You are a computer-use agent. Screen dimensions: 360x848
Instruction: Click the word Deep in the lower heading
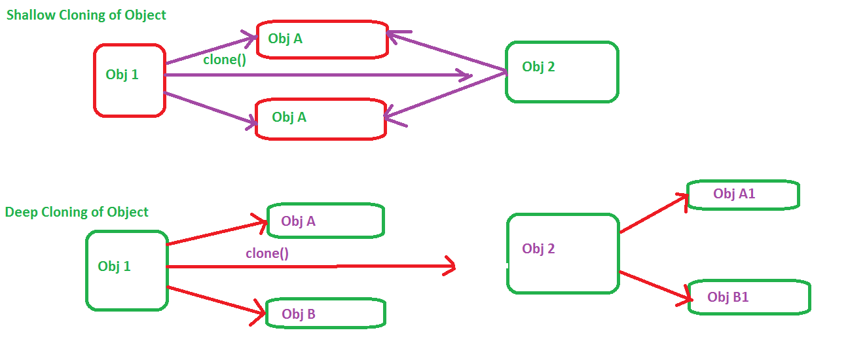[x=20, y=212]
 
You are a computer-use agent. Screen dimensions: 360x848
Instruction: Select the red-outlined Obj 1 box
[x=129, y=81]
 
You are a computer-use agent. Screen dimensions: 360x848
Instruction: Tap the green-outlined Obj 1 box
[x=126, y=270]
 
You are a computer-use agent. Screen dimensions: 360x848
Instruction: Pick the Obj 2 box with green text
[x=561, y=72]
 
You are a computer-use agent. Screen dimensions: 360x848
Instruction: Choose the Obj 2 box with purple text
[x=562, y=253]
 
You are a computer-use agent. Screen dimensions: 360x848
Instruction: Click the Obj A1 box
[x=743, y=194]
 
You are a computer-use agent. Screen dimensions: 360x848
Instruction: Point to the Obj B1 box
[x=749, y=297]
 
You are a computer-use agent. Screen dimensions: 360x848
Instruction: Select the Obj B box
[x=325, y=314]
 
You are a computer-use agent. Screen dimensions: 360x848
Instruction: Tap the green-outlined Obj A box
[x=325, y=221]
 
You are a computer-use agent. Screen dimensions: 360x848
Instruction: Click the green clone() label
[x=224, y=60]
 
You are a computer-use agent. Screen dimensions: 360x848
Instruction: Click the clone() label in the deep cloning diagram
[x=267, y=253]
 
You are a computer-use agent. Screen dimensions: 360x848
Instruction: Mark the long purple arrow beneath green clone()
[x=314, y=75]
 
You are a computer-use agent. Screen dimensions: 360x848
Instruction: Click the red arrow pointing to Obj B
[x=216, y=303]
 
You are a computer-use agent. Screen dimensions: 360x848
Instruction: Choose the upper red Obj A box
[x=322, y=39]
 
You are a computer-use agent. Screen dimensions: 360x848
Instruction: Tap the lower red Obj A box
[x=320, y=118]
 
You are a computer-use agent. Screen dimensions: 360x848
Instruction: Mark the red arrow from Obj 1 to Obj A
[x=216, y=234]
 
